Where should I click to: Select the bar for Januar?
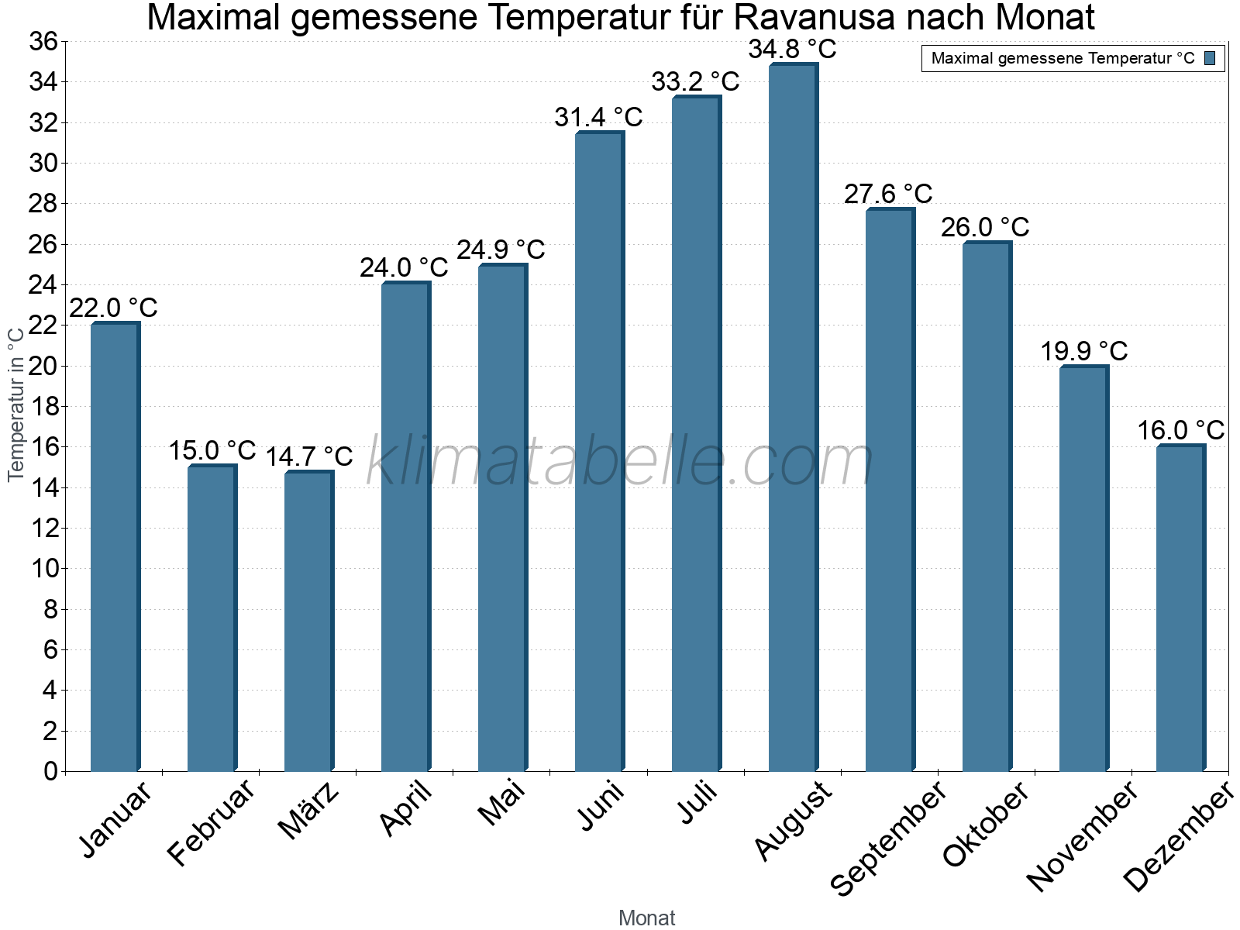115,546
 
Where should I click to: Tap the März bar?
308,621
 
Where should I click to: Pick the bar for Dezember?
1180,608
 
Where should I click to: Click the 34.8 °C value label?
792,50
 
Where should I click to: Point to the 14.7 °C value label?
309,456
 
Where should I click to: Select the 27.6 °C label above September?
888,194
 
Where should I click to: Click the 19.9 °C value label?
1083,351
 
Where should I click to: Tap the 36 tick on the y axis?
43,41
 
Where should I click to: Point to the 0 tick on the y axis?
51,771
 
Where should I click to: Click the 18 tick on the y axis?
43,407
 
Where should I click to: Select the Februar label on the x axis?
211,823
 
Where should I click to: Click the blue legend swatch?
1210,58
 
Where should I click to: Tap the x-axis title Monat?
646,918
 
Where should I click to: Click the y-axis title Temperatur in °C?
15,403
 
